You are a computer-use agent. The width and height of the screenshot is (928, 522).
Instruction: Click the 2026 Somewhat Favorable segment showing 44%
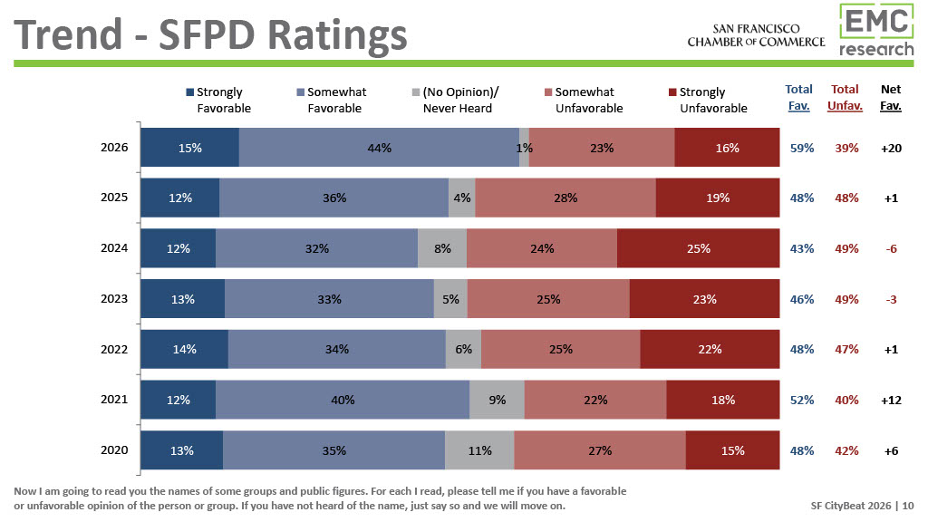click(x=379, y=148)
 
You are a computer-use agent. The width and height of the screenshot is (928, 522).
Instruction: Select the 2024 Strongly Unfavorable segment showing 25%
click(x=698, y=248)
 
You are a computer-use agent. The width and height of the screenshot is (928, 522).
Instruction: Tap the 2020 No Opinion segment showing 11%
click(x=479, y=450)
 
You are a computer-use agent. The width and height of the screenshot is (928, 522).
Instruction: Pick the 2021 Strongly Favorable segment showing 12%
click(x=179, y=400)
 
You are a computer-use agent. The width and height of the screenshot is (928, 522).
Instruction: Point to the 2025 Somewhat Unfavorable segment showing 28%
click(x=565, y=198)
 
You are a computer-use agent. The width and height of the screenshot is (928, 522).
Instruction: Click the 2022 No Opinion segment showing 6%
click(x=463, y=349)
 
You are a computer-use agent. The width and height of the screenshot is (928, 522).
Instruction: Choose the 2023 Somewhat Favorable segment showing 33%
click(x=329, y=299)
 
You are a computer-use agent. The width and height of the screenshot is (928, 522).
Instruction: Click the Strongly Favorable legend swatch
click(x=189, y=92)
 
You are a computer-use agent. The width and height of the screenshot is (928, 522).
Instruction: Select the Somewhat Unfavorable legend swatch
click(x=548, y=92)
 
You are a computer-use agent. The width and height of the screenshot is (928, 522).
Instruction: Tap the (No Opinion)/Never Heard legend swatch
click(x=416, y=92)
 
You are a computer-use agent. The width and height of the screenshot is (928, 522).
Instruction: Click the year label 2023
click(x=115, y=299)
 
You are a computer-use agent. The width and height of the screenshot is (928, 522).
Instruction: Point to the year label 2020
click(x=115, y=450)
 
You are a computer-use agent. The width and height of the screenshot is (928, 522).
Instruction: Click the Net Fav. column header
click(x=891, y=98)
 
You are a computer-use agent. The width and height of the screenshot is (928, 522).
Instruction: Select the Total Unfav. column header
click(x=845, y=98)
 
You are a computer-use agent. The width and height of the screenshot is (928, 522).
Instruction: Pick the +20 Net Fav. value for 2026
click(x=891, y=148)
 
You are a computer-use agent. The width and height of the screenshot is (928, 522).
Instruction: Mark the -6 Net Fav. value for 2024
click(x=891, y=248)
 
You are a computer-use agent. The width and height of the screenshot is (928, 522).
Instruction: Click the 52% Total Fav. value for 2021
click(x=801, y=400)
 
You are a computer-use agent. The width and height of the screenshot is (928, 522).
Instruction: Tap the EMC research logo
click(x=876, y=31)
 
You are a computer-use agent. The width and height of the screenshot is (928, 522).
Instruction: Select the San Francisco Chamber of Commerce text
click(x=756, y=35)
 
